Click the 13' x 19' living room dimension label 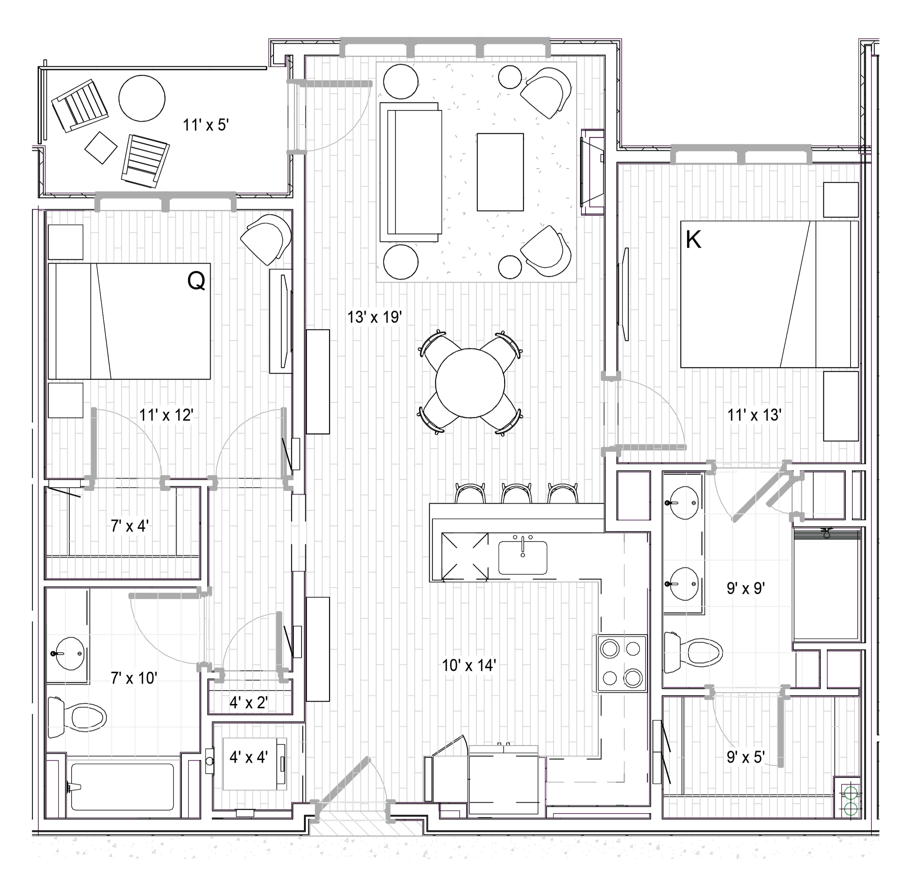(x=374, y=317)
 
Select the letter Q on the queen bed (x=196, y=281)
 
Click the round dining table (x=470, y=382)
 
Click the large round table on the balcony (x=142, y=98)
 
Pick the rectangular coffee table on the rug (x=500, y=172)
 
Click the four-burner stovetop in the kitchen (x=622, y=663)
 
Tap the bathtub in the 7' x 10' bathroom (x=123, y=787)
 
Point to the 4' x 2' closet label (x=248, y=702)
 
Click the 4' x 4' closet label (x=248, y=757)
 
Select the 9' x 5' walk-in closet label (x=746, y=757)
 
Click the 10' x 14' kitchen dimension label (x=469, y=665)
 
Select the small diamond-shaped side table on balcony (x=101, y=148)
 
